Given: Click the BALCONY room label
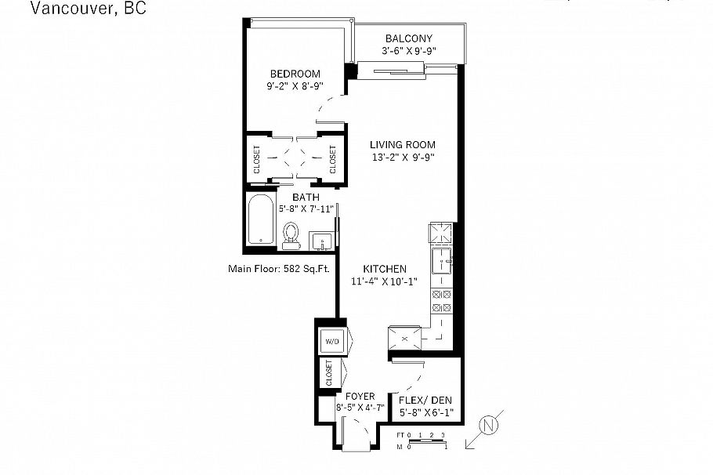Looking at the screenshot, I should (x=408, y=38).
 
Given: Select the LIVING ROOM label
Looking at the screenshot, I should (x=403, y=144).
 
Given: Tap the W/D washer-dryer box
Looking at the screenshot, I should (x=331, y=341).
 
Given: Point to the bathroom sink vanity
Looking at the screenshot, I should (x=321, y=240).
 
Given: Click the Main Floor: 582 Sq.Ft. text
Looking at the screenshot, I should (x=277, y=269).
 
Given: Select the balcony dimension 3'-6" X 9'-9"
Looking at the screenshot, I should (x=408, y=52).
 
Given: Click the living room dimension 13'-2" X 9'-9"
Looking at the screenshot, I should (x=403, y=157).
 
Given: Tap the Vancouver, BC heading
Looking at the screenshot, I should (x=87, y=9).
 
